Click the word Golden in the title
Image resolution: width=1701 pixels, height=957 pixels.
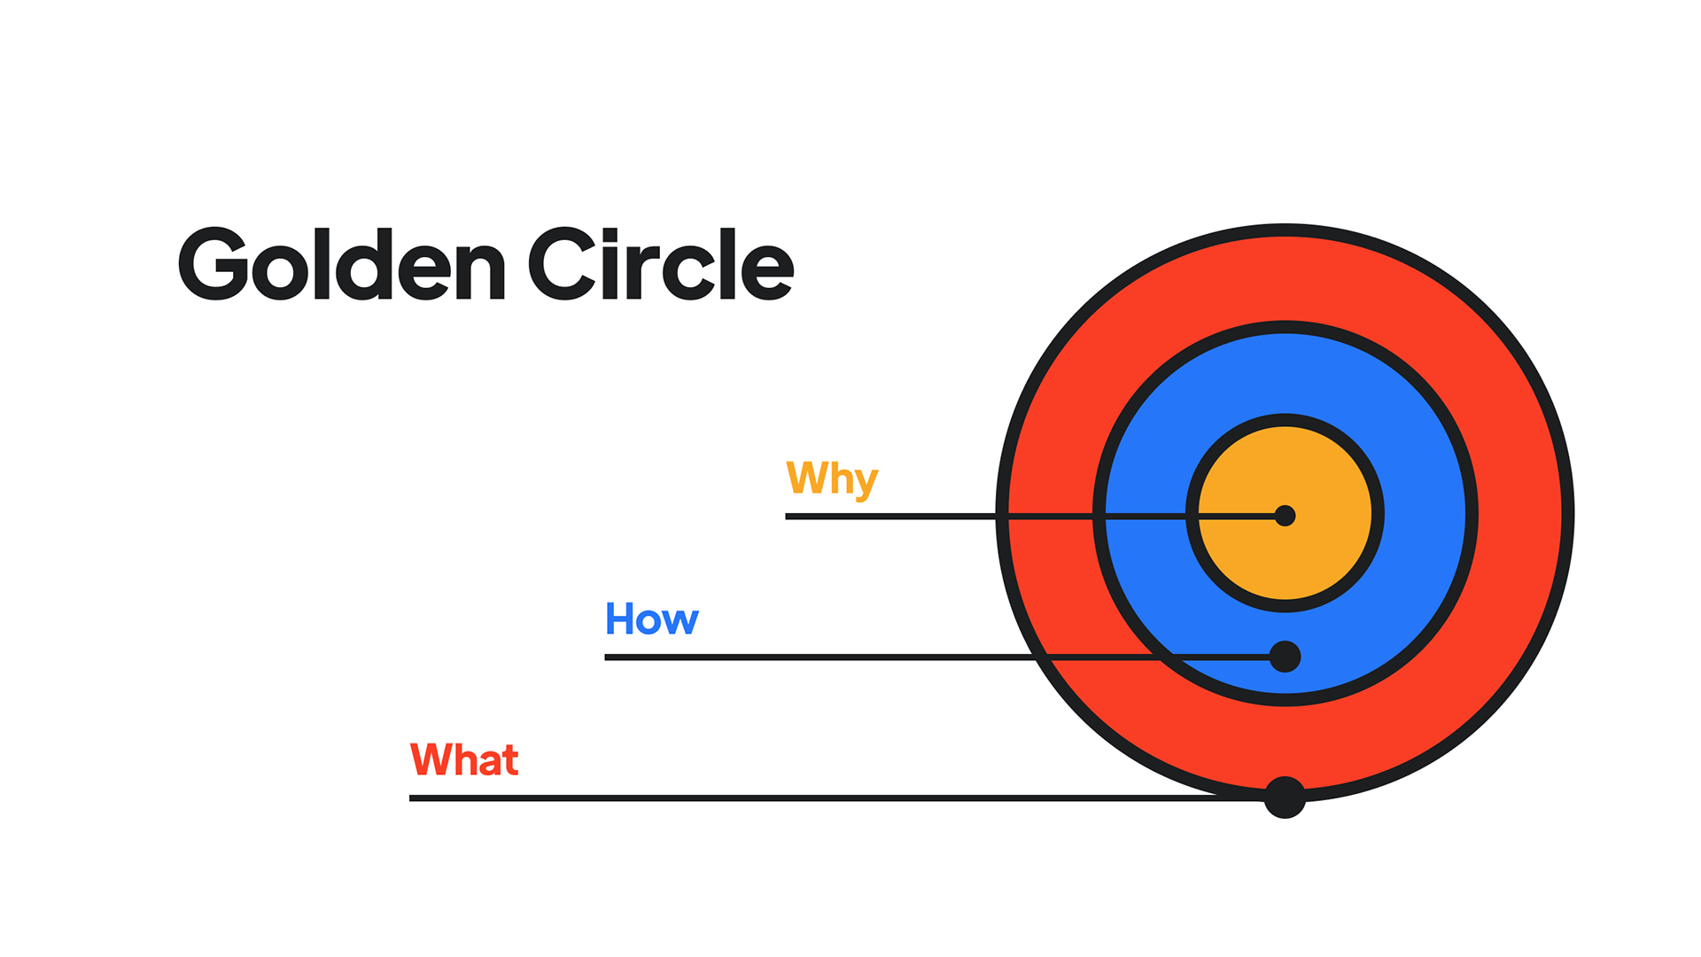(x=342, y=264)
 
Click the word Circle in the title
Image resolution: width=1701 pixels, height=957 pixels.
(x=661, y=264)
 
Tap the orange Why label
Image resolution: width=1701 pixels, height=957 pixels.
(x=831, y=478)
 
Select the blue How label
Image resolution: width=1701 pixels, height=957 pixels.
(x=651, y=619)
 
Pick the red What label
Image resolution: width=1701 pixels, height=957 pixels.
(x=463, y=760)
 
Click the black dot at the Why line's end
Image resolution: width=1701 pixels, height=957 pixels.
(x=1285, y=516)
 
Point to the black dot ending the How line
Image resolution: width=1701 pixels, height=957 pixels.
(x=1285, y=657)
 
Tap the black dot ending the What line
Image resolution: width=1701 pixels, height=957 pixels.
(x=1285, y=797)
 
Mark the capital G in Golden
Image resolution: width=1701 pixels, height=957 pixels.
(x=213, y=264)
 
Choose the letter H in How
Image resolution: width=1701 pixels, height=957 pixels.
(x=618, y=619)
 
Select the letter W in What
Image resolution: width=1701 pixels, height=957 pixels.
(x=431, y=760)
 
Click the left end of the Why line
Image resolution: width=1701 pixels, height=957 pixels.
(x=788, y=516)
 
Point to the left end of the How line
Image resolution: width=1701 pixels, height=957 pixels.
(x=608, y=657)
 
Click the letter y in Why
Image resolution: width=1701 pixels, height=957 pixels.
(x=866, y=483)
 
